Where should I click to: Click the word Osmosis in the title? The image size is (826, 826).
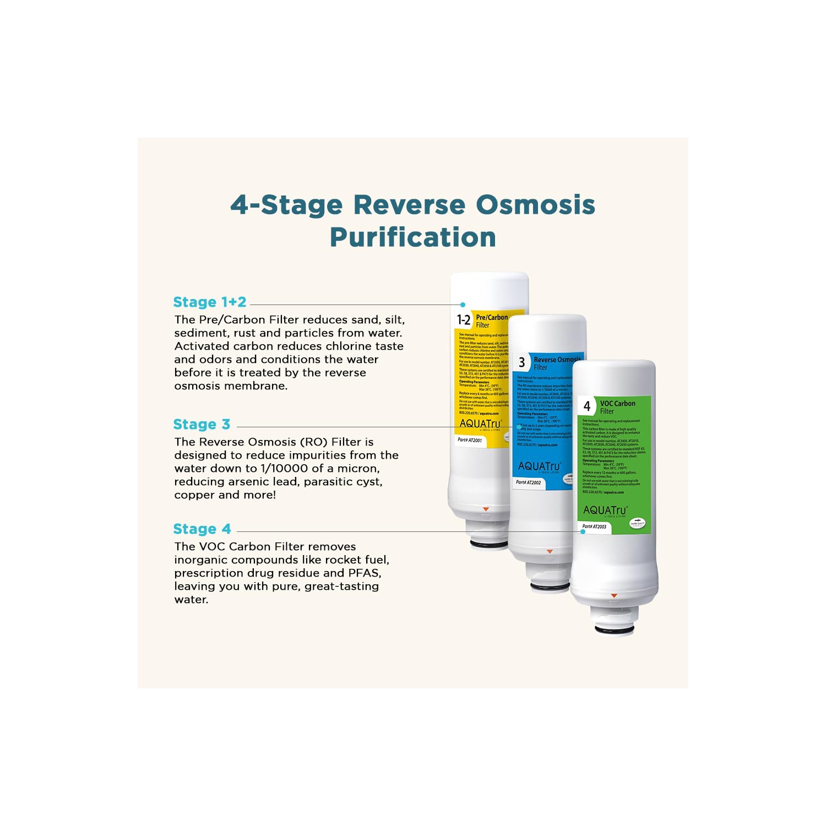pos(535,204)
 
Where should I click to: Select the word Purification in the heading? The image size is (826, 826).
pos(412,237)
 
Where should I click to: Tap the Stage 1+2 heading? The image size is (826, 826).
pos(210,302)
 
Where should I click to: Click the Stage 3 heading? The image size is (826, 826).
pos(202,425)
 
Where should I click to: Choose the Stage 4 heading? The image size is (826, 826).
pos(202,529)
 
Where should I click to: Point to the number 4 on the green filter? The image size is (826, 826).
pos(587,406)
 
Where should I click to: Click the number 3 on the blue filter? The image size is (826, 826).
pos(521,362)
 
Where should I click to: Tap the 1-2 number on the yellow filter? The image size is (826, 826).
pos(464,320)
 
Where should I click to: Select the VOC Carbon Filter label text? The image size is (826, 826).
pos(617,407)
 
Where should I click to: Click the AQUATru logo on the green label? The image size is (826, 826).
pos(605,510)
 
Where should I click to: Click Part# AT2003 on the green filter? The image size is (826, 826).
pos(594,526)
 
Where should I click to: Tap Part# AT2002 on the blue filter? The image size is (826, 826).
pos(528,482)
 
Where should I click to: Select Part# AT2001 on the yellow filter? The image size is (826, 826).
pos(470,440)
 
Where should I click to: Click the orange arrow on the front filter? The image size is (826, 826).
pos(614,596)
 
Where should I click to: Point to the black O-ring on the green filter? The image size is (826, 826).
pos(614,630)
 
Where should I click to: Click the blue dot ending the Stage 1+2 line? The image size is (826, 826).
pos(463,305)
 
